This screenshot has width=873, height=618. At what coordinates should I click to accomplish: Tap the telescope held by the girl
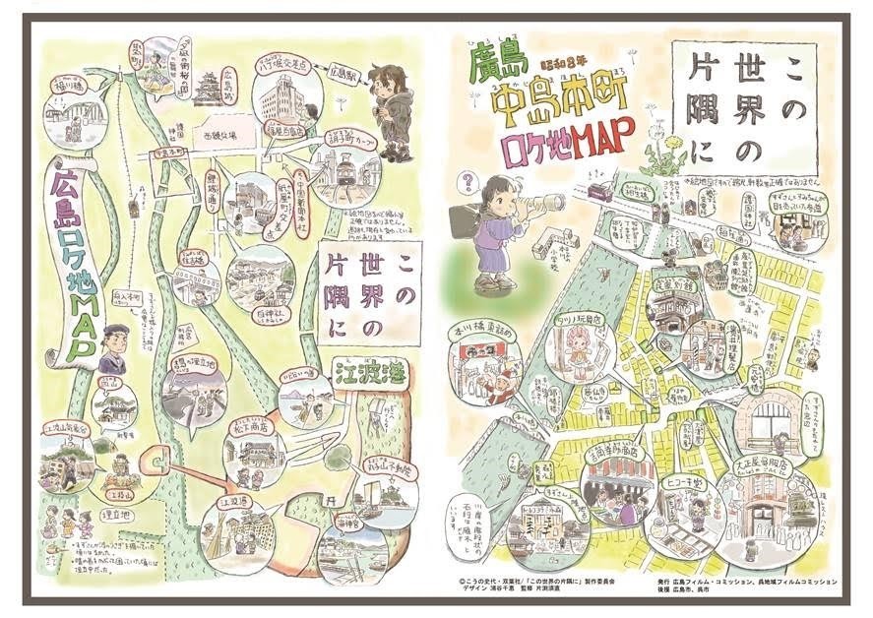pyautogui.click(x=543, y=204)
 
